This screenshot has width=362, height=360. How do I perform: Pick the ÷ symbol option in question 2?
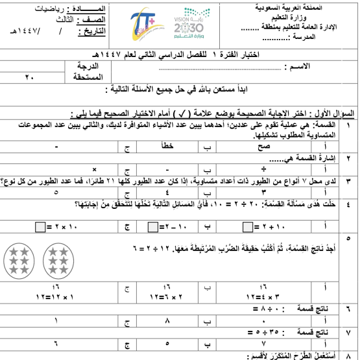264,167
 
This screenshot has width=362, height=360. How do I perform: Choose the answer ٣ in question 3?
263,192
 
